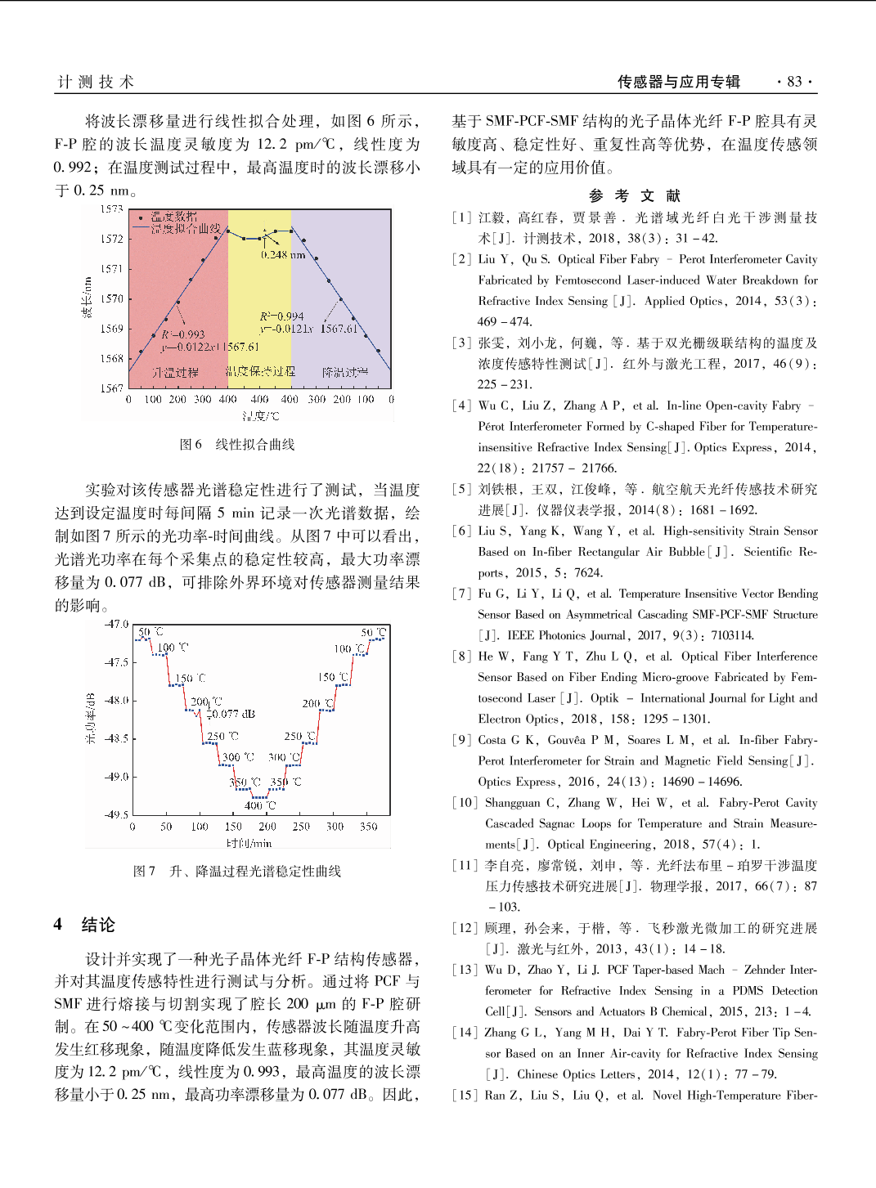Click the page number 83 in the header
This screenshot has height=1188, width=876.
point(794,82)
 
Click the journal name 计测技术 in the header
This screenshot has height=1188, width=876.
point(96,82)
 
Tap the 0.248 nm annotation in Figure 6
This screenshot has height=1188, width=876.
point(283,255)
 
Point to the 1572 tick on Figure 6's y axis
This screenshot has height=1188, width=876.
point(112,239)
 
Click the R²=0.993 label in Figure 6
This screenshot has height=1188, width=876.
point(182,334)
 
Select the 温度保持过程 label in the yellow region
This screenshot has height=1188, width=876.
point(260,371)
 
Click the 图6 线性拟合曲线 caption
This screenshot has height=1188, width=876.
point(237,445)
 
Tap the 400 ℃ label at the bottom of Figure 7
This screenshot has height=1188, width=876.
point(260,805)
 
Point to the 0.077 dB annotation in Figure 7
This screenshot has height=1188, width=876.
point(234,714)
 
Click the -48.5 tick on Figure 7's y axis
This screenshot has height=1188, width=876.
point(116,738)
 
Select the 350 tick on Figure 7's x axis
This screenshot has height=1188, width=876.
point(369,827)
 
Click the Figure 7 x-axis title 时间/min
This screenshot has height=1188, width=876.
point(249,843)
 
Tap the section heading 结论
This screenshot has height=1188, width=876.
point(98,925)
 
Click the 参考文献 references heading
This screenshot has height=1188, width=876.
point(635,195)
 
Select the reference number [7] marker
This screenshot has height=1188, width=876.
point(462,594)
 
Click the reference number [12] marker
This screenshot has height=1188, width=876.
point(465,928)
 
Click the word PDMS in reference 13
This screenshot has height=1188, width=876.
point(748,990)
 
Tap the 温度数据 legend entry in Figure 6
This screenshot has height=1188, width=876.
point(173,217)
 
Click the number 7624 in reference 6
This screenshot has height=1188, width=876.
point(587,572)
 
